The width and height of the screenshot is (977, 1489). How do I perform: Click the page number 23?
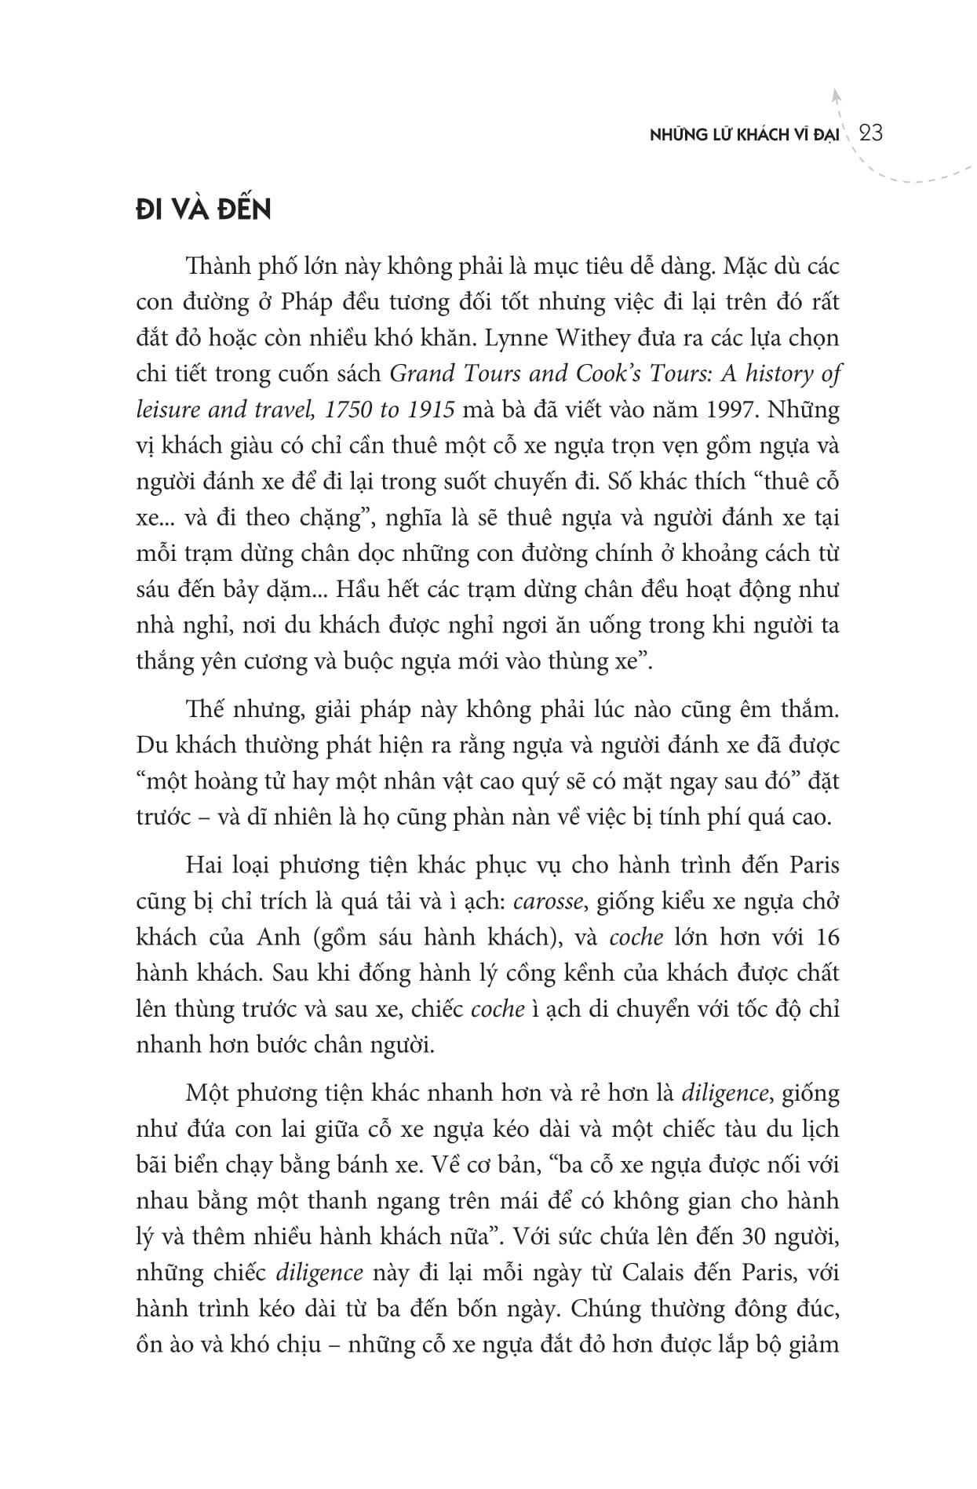tap(870, 133)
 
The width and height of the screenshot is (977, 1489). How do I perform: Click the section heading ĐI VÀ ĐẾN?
tap(203, 211)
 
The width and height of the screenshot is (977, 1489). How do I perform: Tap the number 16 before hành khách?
tap(827, 937)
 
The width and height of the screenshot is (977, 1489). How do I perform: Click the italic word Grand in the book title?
tap(424, 374)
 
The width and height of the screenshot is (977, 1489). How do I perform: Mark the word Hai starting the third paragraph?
tap(204, 865)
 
